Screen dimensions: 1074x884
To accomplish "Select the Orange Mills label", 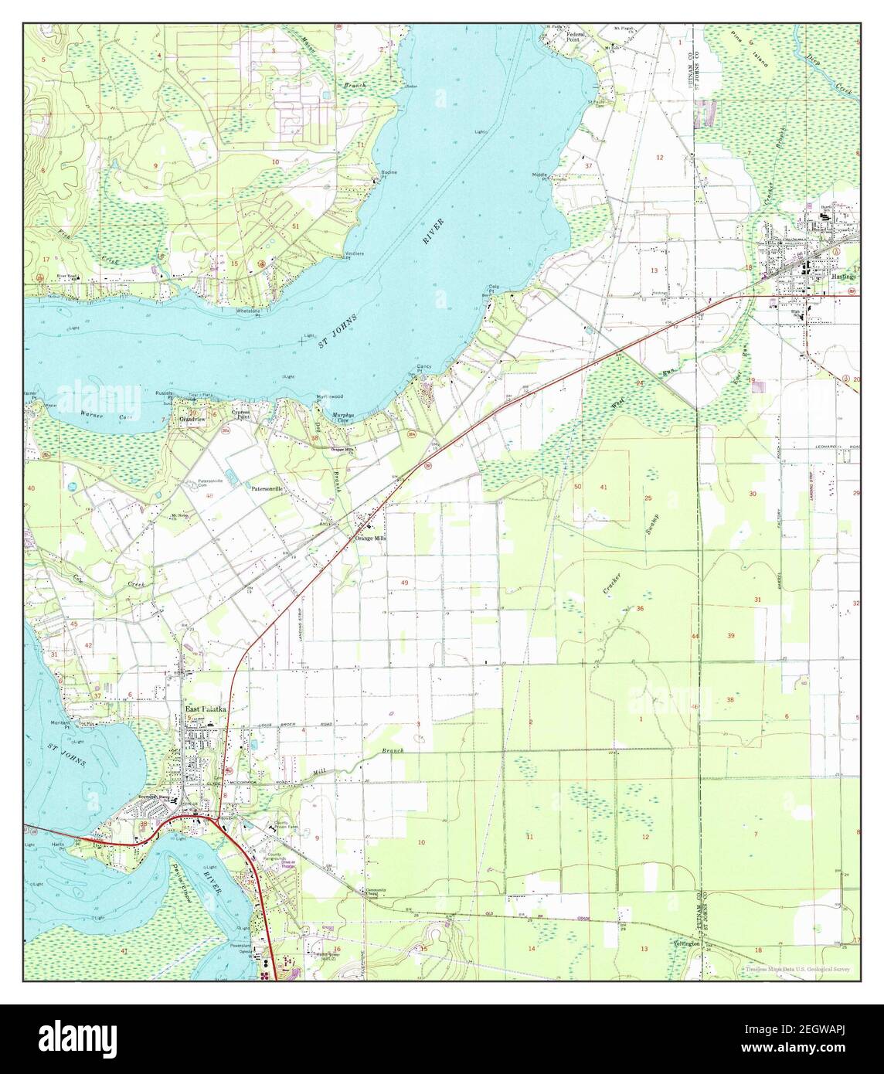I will [x=369, y=538].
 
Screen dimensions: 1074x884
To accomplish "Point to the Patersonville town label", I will [x=267, y=489].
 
